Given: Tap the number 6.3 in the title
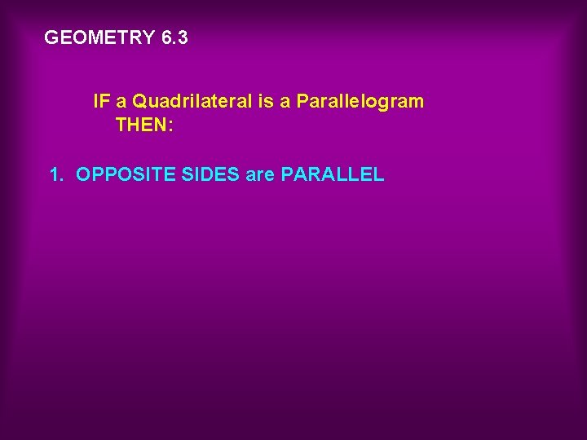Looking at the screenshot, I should point(174,37).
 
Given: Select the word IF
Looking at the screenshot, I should point(102,102).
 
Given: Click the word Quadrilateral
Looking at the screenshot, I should point(190,102).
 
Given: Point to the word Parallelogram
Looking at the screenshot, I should point(360,102).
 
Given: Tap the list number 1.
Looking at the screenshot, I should point(55,174).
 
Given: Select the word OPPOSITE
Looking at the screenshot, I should point(119,174).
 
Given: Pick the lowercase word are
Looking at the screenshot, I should point(260,174).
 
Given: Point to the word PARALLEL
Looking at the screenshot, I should point(332,174).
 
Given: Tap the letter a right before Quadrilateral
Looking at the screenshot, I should point(121,103).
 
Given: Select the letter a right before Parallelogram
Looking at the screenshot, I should point(285,103).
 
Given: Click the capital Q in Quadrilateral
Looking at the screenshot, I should point(139,102).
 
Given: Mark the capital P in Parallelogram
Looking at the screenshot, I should point(302,102).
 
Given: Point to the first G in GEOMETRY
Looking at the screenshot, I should point(51,37).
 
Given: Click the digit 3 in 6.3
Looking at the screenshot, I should point(182,37).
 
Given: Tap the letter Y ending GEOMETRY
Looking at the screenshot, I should point(148,37).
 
